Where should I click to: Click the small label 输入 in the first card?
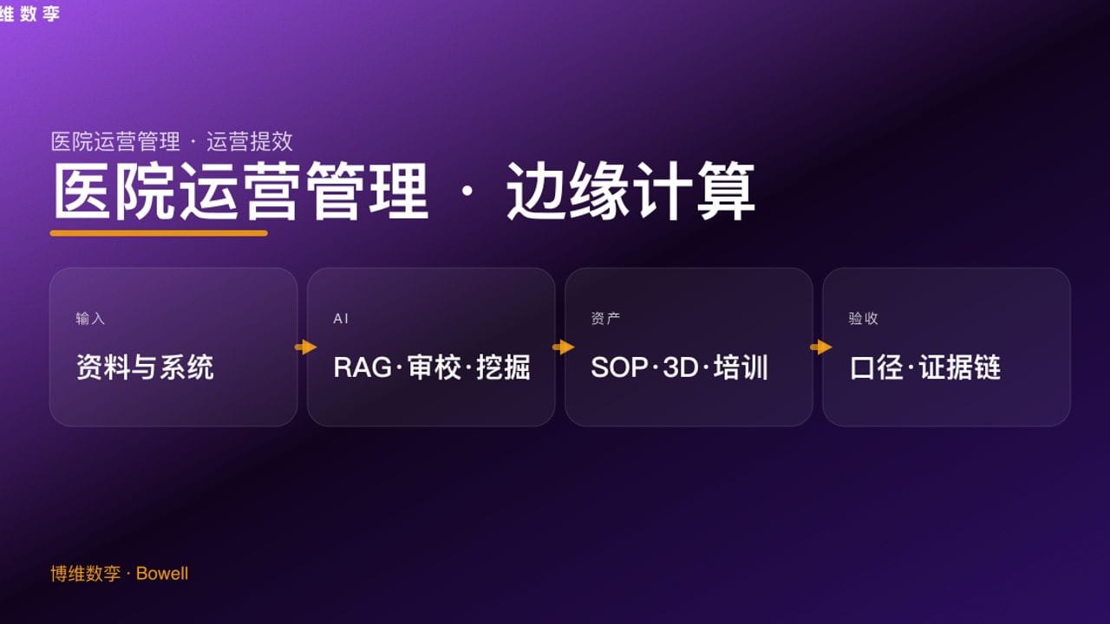pyautogui.click(x=90, y=319)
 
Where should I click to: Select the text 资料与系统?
pyautogui.click(x=145, y=367)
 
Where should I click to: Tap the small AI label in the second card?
pyautogui.click(x=341, y=319)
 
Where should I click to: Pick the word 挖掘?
pyautogui.click(x=503, y=367)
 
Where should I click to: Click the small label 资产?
pyautogui.click(x=605, y=319)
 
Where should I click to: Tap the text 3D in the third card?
pyautogui.click(x=681, y=367)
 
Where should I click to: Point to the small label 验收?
pyautogui.click(x=863, y=319)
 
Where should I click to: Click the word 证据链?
pyautogui.click(x=960, y=367)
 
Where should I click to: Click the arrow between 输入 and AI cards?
pyautogui.click(x=305, y=348)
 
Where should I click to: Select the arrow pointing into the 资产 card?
pyautogui.click(x=563, y=348)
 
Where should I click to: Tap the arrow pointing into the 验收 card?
pyautogui.click(x=820, y=348)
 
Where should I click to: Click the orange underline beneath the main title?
pyautogui.click(x=159, y=232)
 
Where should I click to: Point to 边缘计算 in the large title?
pyautogui.click(x=630, y=192)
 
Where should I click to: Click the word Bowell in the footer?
pyautogui.click(x=162, y=574)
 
